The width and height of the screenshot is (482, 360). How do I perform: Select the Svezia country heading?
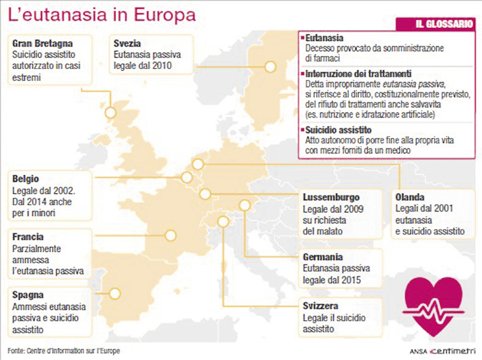point(128,44)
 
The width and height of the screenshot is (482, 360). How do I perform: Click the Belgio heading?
point(26,179)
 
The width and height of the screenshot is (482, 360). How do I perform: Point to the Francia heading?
point(28,238)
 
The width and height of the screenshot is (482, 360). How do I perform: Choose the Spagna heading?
point(27,295)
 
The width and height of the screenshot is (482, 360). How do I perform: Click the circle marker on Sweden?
point(270,67)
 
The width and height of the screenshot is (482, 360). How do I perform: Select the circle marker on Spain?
point(114,295)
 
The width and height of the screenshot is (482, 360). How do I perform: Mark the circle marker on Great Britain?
point(111,113)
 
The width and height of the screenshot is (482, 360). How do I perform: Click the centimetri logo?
point(453,350)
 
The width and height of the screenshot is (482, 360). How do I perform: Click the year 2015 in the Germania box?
point(351,280)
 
